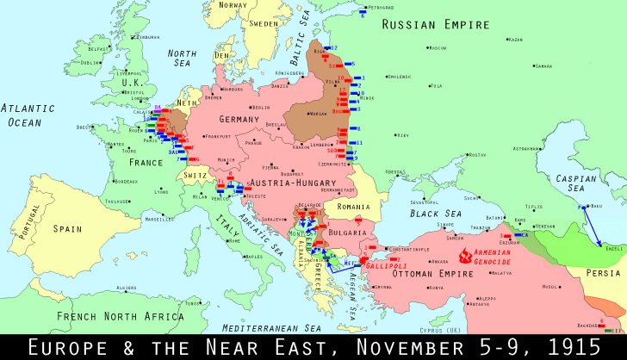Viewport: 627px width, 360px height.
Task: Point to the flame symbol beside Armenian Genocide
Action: pyautogui.click(x=466, y=256)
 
